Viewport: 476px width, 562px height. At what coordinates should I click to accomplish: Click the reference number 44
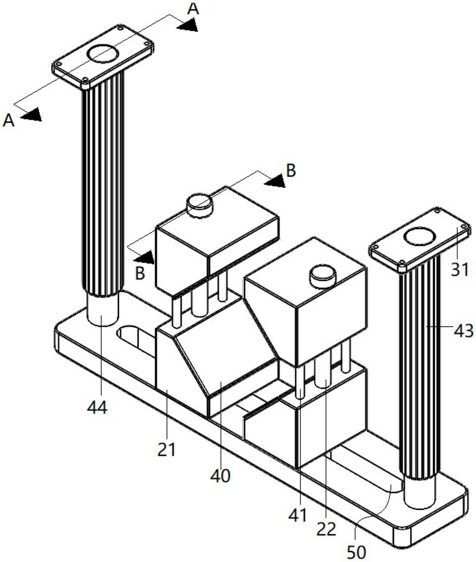97,407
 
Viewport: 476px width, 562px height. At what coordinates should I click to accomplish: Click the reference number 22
326,529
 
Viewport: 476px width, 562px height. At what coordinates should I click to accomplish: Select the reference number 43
463,331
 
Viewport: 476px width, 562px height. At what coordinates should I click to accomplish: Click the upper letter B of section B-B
291,170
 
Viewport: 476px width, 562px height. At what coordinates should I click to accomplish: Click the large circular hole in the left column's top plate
103,53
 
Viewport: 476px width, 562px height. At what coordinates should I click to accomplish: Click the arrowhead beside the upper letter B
275,181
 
